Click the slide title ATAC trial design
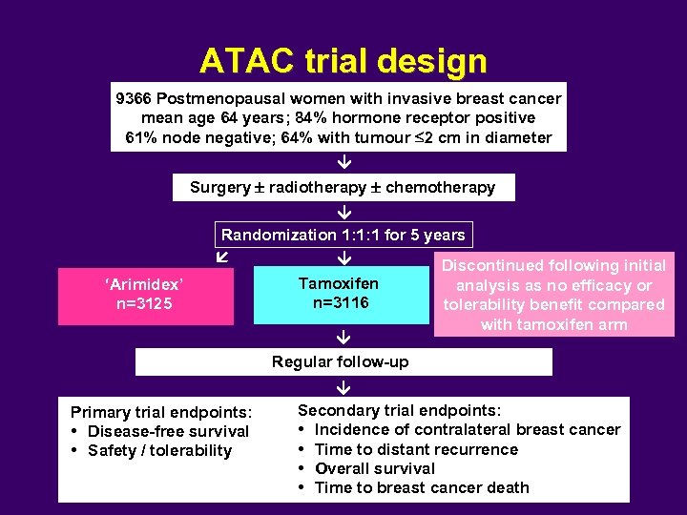click(343, 61)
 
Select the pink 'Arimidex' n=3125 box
click(145, 295)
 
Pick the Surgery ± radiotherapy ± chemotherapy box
click(343, 187)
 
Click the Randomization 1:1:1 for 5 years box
click(343, 235)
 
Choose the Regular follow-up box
click(343, 361)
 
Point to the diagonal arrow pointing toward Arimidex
click(221, 258)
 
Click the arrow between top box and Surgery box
click(343, 163)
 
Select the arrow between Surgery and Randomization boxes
click(343, 211)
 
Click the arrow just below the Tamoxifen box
click(343, 338)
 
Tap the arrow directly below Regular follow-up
click(343, 387)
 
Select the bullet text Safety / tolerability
click(159, 450)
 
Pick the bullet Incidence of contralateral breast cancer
click(467, 430)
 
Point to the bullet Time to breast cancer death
click(421, 487)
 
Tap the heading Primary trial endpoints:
click(161, 412)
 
